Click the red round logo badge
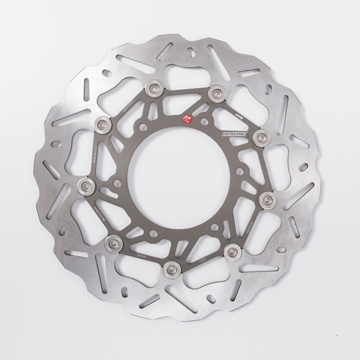(186, 119)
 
